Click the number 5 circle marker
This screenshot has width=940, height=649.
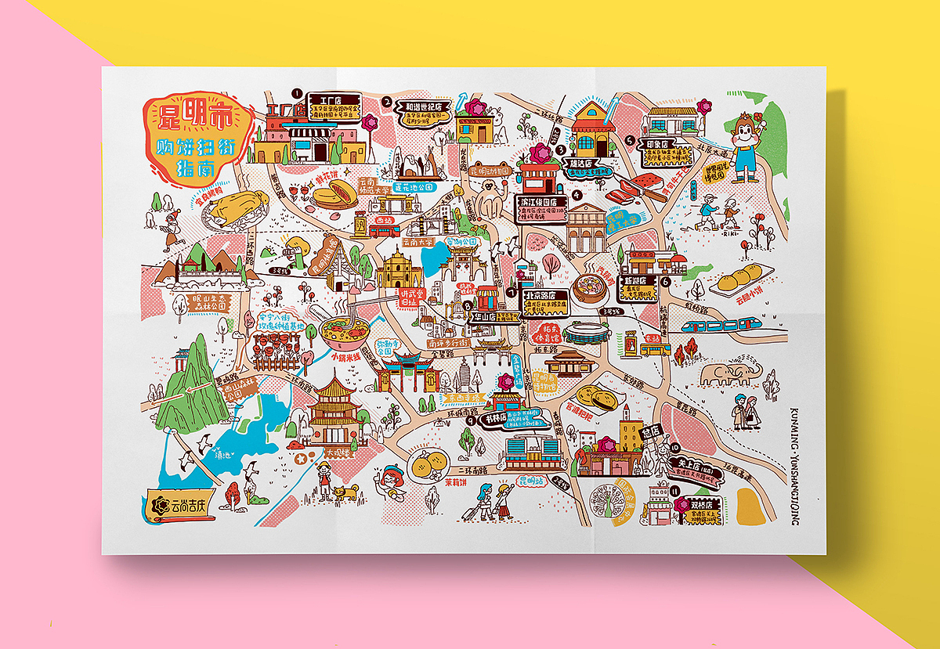click(x=630, y=140)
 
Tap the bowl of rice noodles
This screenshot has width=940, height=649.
click(x=342, y=330)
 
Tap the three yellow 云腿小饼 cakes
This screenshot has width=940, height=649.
click(x=741, y=276)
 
